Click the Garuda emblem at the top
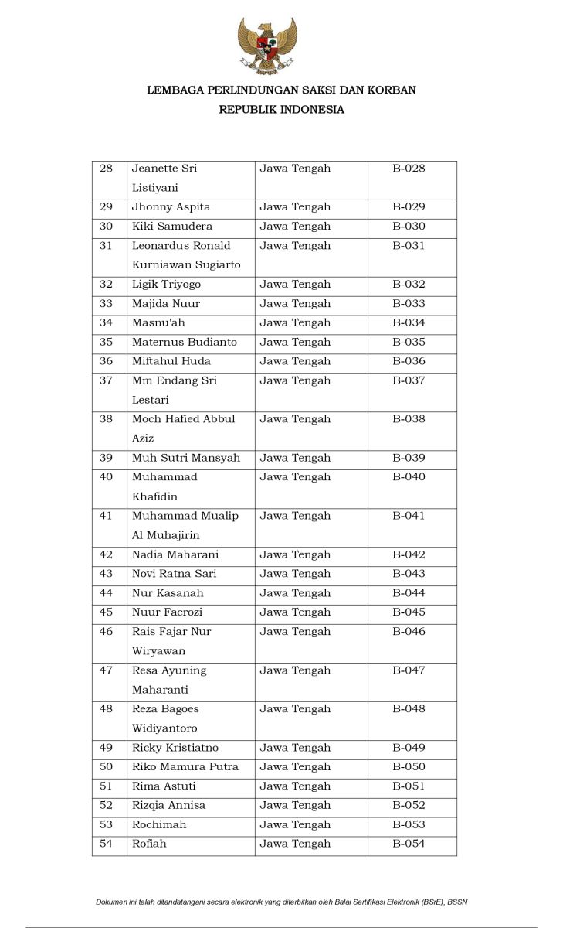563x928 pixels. tap(266, 46)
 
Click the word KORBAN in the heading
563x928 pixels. tap(391, 90)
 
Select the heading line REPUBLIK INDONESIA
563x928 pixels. tap(281, 110)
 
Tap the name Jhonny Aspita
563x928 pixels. tap(171, 207)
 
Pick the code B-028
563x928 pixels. tap(409, 169)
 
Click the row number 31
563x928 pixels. tap(107, 246)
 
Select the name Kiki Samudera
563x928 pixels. tap(171, 227)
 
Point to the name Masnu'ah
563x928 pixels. tap(158, 322)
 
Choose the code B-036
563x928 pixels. tap(409, 361)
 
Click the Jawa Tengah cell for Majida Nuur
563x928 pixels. tap(295, 304)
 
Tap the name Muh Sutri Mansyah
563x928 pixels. tap(186, 458)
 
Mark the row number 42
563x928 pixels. tap(107, 554)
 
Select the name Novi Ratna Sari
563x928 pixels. tap(174, 574)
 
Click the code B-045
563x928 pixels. tap(409, 612)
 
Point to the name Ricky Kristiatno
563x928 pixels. tap(175, 748)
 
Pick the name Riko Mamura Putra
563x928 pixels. tap(185, 767)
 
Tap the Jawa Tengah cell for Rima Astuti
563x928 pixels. tap(295, 786)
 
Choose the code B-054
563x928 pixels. tap(409, 844)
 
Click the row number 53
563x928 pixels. tap(107, 824)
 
